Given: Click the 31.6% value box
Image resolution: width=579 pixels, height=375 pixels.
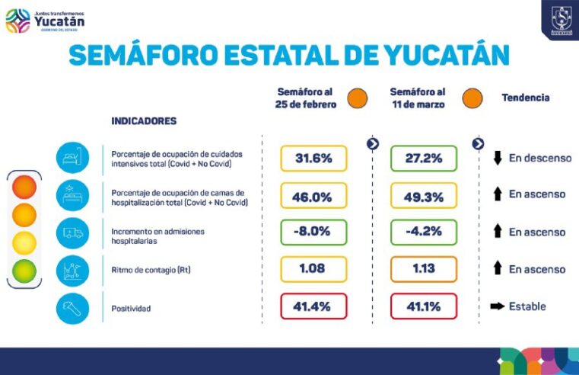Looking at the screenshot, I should click(x=313, y=159).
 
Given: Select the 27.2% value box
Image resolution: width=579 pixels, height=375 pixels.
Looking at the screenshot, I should click(x=424, y=159).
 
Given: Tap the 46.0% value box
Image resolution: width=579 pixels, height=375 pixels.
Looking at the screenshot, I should click(x=313, y=196).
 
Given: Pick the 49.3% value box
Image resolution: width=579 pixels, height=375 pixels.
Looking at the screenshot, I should click(x=424, y=196).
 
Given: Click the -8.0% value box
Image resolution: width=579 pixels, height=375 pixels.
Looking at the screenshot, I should click(x=313, y=232).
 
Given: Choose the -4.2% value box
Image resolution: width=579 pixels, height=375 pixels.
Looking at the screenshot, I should click(x=424, y=232).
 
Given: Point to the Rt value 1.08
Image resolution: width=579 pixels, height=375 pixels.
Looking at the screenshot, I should click(x=313, y=269).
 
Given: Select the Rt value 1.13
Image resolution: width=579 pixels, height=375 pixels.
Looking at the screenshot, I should click(x=424, y=269).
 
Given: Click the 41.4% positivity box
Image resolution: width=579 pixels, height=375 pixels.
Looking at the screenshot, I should click(x=313, y=306).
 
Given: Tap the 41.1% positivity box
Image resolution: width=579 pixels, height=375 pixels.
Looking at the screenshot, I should click(x=424, y=306).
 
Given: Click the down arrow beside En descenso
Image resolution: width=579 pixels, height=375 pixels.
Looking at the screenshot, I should click(x=498, y=159).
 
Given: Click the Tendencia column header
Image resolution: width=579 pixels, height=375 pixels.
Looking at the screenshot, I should click(x=525, y=98).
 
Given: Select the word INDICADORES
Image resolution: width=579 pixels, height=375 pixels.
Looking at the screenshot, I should click(x=144, y=120).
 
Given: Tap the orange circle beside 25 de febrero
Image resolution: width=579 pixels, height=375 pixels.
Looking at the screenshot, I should click(x=357, y=98).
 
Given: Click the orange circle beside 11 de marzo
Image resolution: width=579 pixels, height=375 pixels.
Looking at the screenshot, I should click(x=472, y=98).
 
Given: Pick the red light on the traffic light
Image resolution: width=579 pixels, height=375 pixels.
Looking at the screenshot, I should click(x=24, y=186).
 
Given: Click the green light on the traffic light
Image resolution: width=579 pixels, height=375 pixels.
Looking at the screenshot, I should click(x=24, y=271).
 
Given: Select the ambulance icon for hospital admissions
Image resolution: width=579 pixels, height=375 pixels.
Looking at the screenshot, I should click(x=73, y=232).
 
